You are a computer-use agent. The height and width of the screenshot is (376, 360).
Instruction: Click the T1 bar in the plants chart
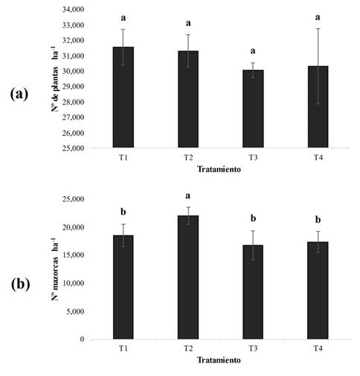(x=123, y=97)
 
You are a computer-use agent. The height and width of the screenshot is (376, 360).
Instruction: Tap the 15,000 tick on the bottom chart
(x=72, y=255)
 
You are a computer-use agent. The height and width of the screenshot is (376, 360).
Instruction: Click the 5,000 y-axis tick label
(x=74, y=311)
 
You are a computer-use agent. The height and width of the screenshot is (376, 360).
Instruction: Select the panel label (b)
(x=20, y=284)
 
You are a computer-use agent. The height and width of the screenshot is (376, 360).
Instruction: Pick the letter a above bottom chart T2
(x=187, y=197)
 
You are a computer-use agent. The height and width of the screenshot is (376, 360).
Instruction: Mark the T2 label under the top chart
(x=187, y=158)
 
